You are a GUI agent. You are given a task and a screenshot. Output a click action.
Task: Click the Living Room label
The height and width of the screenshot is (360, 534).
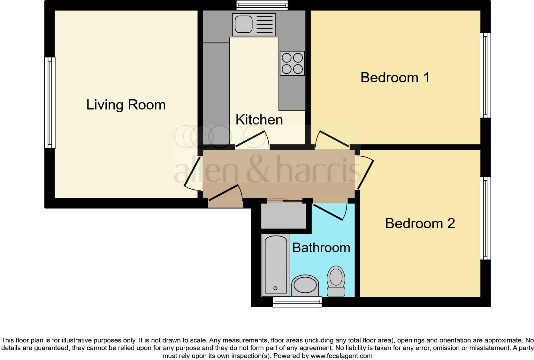(x=126, y=105)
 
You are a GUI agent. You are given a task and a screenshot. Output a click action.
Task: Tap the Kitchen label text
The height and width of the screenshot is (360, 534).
(x=259, y=120)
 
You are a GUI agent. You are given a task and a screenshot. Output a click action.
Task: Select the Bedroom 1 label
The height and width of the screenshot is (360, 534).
(x=395, y=78)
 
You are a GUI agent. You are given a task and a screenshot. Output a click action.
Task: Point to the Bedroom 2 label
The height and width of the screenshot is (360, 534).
(x=420, y=223)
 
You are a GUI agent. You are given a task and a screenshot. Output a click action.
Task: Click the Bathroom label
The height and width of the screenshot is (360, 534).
(x=321, y=248)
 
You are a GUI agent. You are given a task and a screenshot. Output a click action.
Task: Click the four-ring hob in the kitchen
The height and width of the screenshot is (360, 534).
(x=292, y=64)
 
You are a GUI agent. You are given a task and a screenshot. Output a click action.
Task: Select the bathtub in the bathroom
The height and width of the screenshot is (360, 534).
(x=276, y=265)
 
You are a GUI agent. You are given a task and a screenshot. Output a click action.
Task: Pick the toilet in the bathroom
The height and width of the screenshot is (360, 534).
(x=336, y=281)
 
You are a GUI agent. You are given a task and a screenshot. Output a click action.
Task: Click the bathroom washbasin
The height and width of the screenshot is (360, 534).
(x=305, y=285)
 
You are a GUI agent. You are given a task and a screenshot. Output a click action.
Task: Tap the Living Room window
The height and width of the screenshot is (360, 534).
(x=50, y=102)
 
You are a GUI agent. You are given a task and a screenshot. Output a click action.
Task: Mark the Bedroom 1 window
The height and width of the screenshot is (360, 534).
(x=485, y=75)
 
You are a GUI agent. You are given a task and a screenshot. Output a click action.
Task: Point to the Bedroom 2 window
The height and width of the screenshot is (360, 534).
(x=485, y=219)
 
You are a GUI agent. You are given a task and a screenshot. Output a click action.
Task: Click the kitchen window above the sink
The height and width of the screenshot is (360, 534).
(x=262, y=5)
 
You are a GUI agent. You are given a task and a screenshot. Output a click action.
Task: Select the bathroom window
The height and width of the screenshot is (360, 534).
(x=297, y=302)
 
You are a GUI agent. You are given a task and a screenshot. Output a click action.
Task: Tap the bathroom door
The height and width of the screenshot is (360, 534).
(x=331, y=211)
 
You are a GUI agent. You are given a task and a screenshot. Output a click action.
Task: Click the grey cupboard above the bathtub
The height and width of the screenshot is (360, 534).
(x=284, y=216)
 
